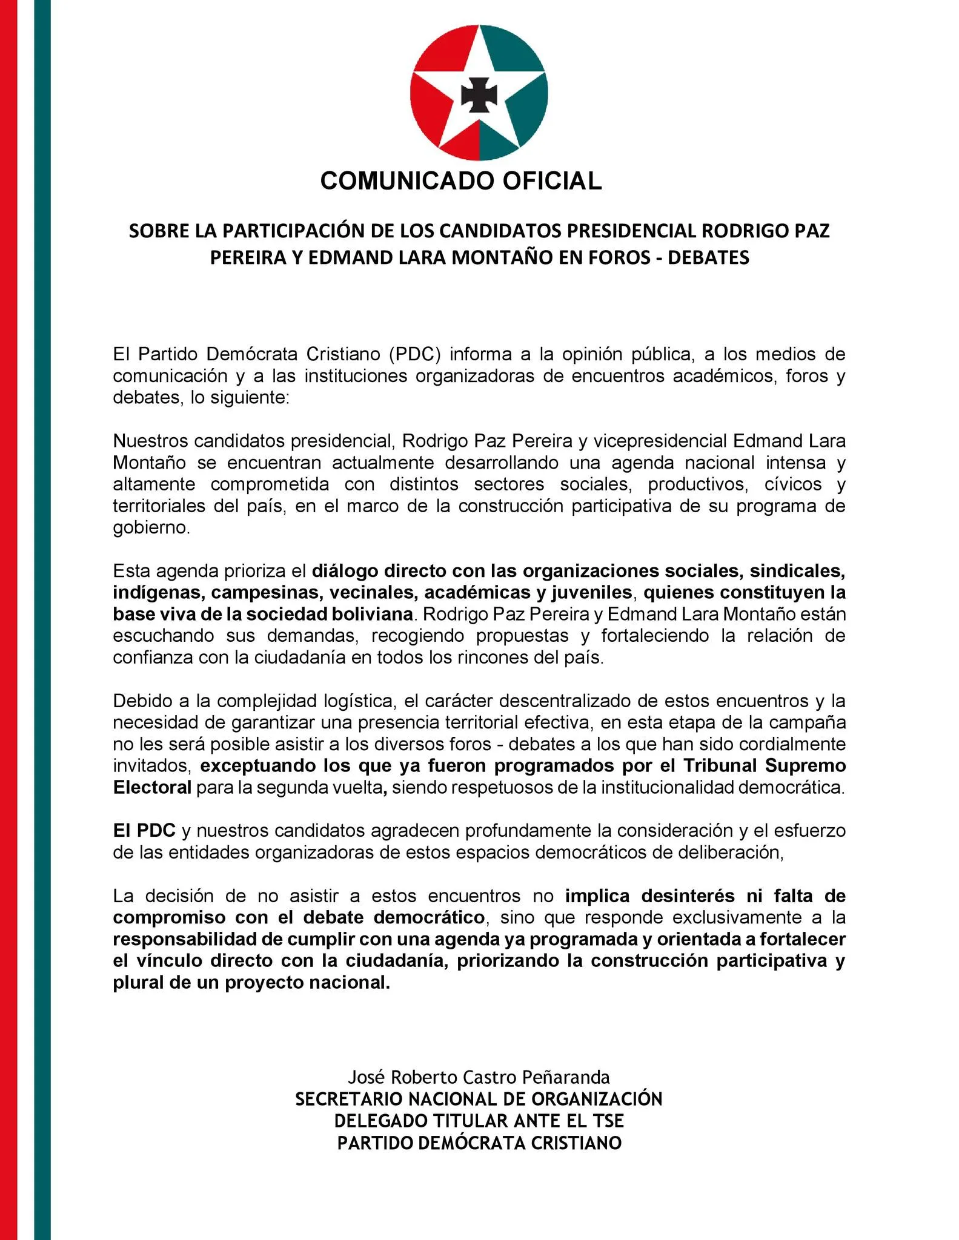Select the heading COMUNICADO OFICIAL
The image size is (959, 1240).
460,180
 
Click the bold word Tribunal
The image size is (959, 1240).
718,766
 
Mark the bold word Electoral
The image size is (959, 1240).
152,788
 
